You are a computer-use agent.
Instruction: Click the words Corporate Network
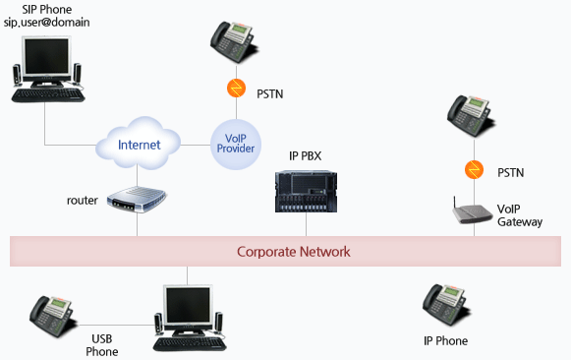tap(293, 252)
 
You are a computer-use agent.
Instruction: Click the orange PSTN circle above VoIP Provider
tap(236, 90)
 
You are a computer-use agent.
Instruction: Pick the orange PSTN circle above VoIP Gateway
tap(474, 171)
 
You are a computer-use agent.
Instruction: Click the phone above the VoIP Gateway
tap(470, 119)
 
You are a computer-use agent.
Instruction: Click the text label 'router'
tap(83, 201)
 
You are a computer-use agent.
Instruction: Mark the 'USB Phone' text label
tap(103, 344)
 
